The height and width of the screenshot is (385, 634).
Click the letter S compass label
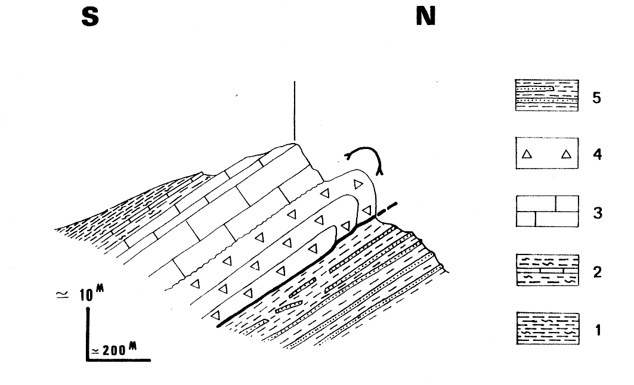click(x=90, y=17)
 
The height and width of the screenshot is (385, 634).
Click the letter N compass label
click(x=426, y=17)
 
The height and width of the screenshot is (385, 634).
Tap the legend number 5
click(x=596, y=97)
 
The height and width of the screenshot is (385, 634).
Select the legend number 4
click(x=597, y=154)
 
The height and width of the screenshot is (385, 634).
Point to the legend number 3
click(x=597, y=213)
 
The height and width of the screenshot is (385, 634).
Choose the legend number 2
click(x=597, y=272)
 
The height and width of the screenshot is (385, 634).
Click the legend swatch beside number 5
click(x=547, y=95)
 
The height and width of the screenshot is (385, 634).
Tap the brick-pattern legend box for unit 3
click(x=547, y=212)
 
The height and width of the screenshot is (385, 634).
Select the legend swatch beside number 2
click(x=548, y=270)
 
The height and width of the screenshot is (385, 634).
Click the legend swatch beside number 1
click(x=548, y=328)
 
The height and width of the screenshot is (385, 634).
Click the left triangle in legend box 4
click(x=527, y=154)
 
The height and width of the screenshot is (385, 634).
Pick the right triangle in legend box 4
click(x=566, y=154)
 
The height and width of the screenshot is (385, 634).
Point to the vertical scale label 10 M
click(x=91, y=294)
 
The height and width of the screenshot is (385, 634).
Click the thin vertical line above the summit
click(x=295, y=111)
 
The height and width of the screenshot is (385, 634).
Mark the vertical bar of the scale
click(x=88, y=334)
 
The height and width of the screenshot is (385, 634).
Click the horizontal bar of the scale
click(x=119, y=359)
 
